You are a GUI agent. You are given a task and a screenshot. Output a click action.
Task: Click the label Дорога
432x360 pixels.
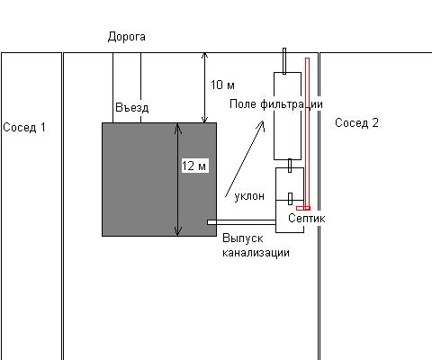[127, 37]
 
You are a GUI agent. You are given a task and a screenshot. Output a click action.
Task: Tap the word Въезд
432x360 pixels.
[132, 107]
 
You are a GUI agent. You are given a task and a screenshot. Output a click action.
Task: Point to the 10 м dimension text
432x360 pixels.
[222, 85]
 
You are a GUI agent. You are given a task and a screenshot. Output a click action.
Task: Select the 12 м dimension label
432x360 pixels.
[194, 166]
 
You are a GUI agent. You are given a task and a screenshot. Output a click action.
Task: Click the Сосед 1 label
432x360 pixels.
[24, 127]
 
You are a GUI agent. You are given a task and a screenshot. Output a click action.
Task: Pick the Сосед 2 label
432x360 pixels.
[356, 122]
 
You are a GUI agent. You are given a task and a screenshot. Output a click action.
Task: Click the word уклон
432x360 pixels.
[249, 196]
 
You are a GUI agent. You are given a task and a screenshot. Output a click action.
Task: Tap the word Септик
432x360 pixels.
[307, 218]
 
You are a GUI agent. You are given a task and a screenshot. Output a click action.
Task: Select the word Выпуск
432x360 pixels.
[243, 238]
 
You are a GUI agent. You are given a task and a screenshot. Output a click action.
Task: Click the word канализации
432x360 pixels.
[256, 252]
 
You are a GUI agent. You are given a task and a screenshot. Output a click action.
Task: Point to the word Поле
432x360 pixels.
[243, 104]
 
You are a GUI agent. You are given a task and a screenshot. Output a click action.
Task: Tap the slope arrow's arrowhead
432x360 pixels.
[261, 125]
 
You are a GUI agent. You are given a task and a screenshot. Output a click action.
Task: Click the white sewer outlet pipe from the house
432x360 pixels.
[241, 222]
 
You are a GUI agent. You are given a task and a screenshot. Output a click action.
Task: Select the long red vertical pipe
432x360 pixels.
[307, 132]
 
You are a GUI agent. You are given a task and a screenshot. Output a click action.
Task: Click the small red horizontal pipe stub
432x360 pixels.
[303, 208]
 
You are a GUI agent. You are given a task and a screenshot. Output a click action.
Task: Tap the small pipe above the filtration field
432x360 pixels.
[284, 61]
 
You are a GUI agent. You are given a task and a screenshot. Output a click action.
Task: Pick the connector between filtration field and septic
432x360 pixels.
[290, 166]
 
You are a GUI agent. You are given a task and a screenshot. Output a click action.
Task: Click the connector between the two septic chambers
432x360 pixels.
[291, 199]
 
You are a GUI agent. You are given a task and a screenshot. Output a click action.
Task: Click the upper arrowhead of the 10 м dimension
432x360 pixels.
[204, 56]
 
